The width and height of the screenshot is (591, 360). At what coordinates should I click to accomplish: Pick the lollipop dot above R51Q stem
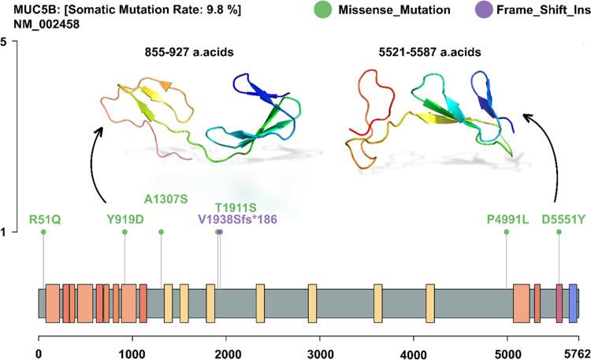point(43,232)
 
